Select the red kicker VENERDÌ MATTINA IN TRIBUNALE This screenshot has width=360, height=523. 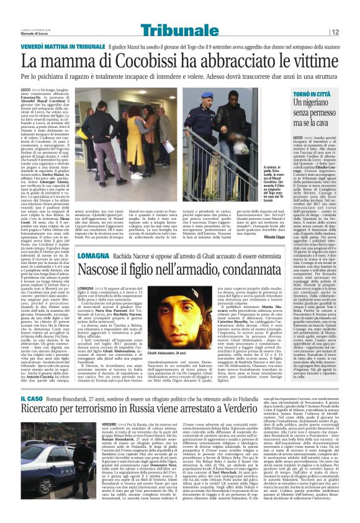point(63,47)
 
